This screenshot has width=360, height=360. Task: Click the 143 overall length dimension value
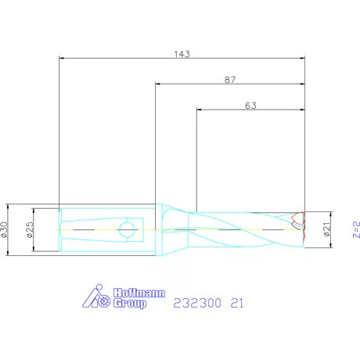(x=182, y=54)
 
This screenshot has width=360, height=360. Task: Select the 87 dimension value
(x=230, y=80)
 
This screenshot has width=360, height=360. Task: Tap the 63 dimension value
(x=250, y=106)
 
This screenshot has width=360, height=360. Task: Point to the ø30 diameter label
(x=4, y=229)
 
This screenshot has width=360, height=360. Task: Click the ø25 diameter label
(x=30, y=229)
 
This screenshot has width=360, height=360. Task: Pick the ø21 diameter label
(x=326, y=229)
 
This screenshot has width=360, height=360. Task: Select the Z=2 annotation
(x=356, y=229)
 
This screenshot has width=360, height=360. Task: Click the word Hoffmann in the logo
(x=139, y=293)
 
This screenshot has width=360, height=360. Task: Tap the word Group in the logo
(x=130, y=304)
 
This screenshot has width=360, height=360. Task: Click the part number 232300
(x=197, y=303)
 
